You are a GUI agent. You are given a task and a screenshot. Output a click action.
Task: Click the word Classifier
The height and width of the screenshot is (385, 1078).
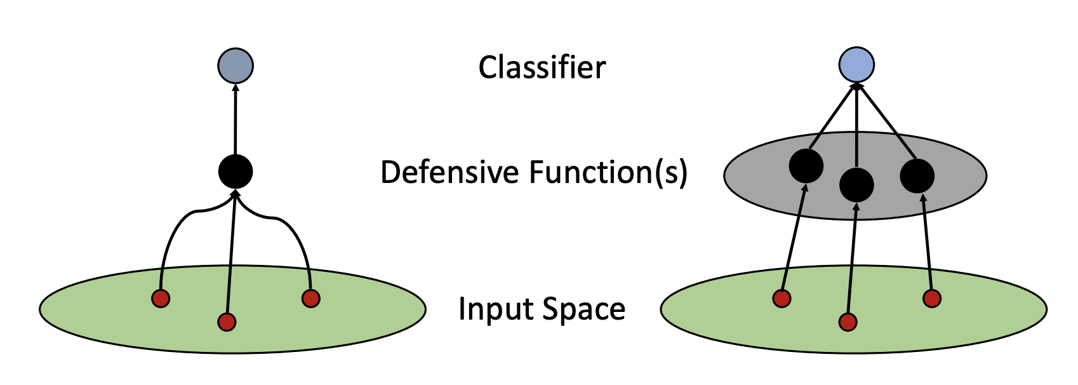pyautogui.click(x=542, y=67)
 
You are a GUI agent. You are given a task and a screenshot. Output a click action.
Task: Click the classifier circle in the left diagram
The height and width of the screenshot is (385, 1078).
pyautogui.click(x=236, y=65)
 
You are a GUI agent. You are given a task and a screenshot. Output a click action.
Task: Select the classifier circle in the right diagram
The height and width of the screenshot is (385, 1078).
pyautogui.click(x=856, y=64)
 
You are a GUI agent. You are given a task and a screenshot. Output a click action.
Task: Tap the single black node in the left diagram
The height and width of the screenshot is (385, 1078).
pyautogui.click(x=236, y=172)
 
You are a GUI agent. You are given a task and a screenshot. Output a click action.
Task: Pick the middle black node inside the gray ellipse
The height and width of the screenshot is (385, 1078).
pyautogui.click(x=856, y=185)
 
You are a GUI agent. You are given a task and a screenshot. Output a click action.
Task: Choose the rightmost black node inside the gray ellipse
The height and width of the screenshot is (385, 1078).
pyautogui.click(x=917, y=176)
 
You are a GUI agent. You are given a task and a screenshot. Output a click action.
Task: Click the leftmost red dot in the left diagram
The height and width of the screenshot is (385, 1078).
pyautogui.click(x=161, y=298)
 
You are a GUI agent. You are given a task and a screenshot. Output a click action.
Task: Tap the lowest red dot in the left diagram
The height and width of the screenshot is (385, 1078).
pyautogui.click(x=227, y=322)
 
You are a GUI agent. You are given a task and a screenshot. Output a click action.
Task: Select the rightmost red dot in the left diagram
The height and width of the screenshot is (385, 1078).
pyautogui.click(x=310, y=298)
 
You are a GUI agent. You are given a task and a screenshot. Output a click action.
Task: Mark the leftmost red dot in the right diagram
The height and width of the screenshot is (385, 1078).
pyautogui.click(x=782, y=298)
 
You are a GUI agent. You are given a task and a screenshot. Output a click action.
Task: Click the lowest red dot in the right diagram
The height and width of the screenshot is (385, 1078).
pyautogui.click(x=848, y=322)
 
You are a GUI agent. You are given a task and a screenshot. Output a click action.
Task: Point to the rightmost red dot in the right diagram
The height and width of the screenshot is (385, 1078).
pyautogui.click(x=931, y=298)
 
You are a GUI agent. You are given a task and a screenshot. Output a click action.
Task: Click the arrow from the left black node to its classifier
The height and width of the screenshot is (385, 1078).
pyautogui.click(x=236, y=121)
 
